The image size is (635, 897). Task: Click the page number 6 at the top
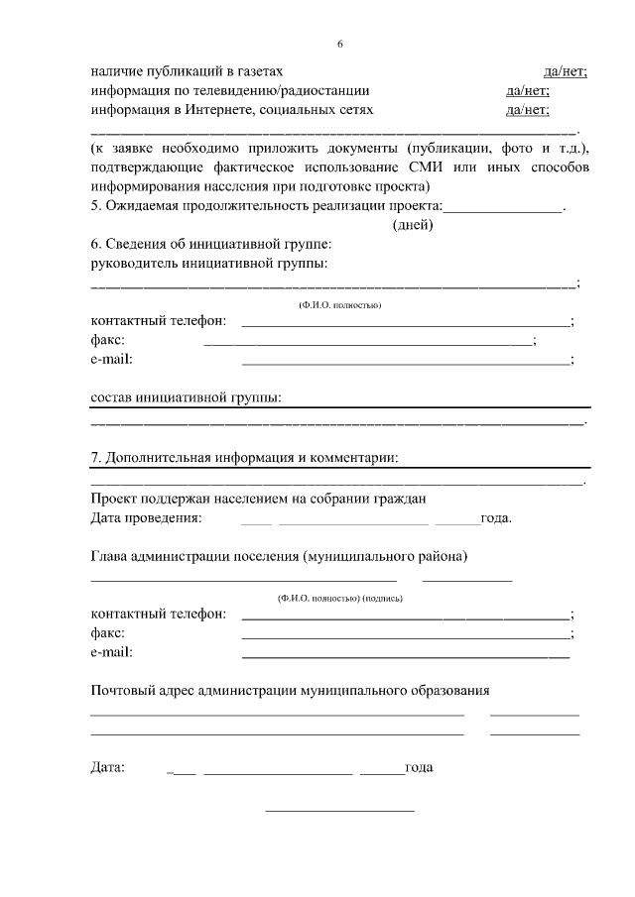tap(339, 45)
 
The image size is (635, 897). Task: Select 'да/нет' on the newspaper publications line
tap(566, 71)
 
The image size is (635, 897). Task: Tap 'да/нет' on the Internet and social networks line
tap(528, 109)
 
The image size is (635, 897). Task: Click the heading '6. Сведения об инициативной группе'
tap(210, 244)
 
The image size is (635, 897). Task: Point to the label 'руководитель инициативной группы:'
tap(209, 263)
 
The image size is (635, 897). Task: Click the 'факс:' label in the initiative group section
tap(108, 340)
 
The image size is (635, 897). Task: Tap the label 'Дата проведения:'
tap(146, 517)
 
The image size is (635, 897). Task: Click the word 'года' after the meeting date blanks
tap(496, 517)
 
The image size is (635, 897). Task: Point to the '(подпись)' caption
tap(382, 599)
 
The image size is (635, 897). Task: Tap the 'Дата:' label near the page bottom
tap(108, 767)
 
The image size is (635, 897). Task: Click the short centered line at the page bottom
tap(339, 812)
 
